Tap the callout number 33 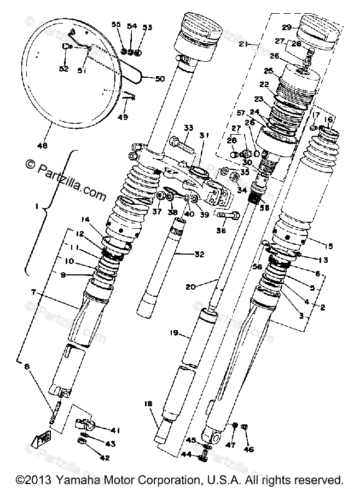click(189, 128)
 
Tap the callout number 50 click(159, 79)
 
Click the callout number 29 click(287, 27)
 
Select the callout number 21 click(243, 44)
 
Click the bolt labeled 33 click(181, 144)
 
